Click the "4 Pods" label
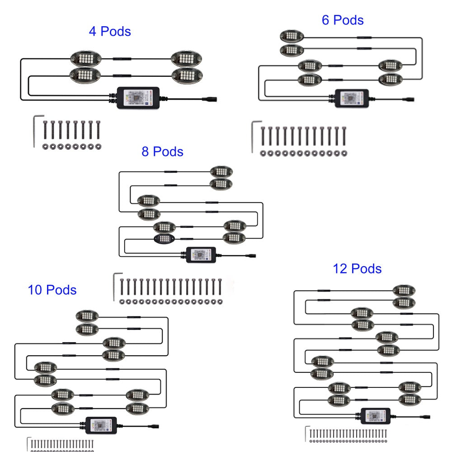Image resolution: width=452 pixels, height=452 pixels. point(110,32)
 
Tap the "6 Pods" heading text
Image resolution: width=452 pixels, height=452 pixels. point(343,20)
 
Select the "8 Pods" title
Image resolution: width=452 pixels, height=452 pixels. point(162,151)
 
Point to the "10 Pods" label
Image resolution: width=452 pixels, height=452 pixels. point(52,290)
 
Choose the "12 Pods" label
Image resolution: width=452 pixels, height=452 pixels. point(357,269)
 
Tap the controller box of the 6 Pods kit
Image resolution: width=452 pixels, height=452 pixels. point(352,97)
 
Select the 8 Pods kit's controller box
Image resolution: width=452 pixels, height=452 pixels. point(202,254)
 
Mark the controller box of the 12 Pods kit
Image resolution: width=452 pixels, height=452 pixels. point(376,415)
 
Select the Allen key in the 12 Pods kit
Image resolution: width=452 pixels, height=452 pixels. point(307,433)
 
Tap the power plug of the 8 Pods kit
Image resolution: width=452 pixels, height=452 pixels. point(250,255)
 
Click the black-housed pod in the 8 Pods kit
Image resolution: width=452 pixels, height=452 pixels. point(164,239)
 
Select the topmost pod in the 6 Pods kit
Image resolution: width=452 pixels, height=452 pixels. point(291,36)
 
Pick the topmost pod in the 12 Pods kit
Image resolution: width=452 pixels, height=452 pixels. point(404,290)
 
